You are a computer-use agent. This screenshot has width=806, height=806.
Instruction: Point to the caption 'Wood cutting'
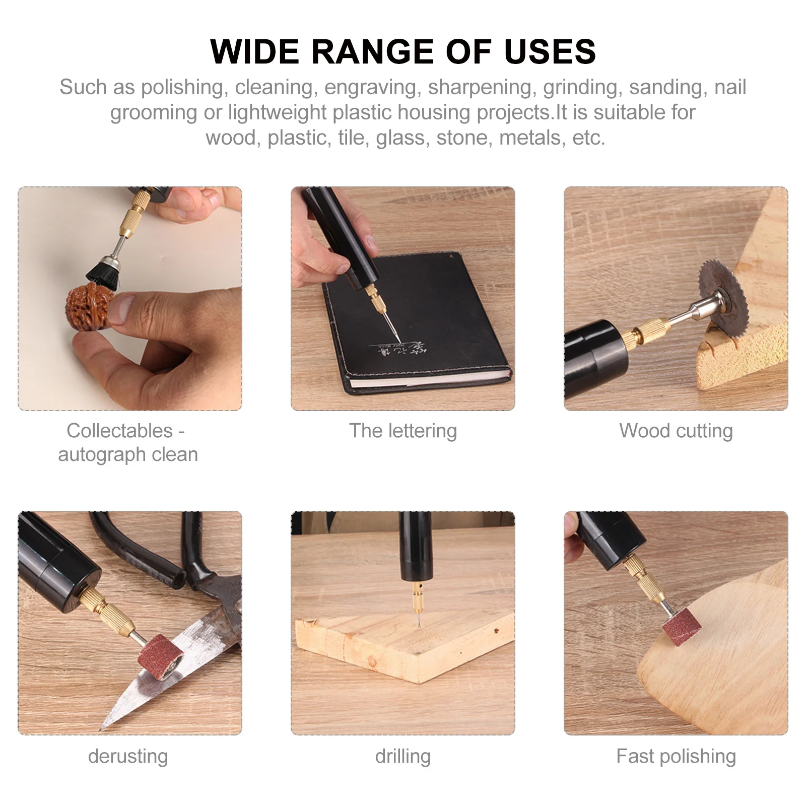676,431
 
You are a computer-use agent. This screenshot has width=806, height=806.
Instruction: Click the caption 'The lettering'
403,431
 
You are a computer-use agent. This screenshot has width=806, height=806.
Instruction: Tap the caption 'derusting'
128,756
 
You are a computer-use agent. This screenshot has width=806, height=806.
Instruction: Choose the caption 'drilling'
403,756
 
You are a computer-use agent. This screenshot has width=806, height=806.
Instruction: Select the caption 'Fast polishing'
676,756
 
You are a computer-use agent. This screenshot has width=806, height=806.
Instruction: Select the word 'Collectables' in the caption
119,431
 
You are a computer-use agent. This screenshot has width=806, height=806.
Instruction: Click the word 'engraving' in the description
370,87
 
